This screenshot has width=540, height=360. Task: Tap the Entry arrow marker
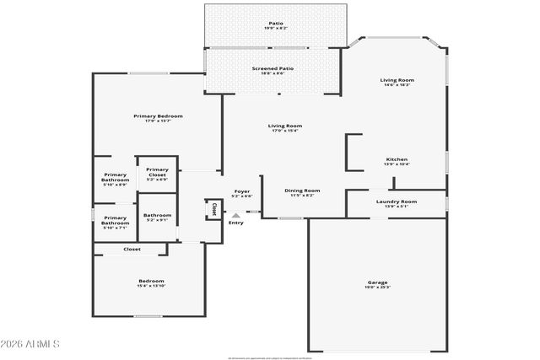coord(235,215)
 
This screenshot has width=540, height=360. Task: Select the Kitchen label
coord(397,159)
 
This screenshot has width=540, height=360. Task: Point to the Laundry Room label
coord(397,201)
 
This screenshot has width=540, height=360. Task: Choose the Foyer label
coord(242,191)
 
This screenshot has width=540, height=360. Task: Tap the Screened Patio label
coord(273,68)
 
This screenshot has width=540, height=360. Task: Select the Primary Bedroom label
coord(158,116)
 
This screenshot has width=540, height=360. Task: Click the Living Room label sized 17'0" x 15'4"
coord(285,126)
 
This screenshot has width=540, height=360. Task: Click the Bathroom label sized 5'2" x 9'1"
coord(157,215)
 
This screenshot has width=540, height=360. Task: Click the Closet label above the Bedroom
coord(132,250)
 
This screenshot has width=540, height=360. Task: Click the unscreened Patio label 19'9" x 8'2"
coord(276,24)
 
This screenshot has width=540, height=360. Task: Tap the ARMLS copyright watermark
coord(30,344)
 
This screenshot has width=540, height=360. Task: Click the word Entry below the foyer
coord(236,223)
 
